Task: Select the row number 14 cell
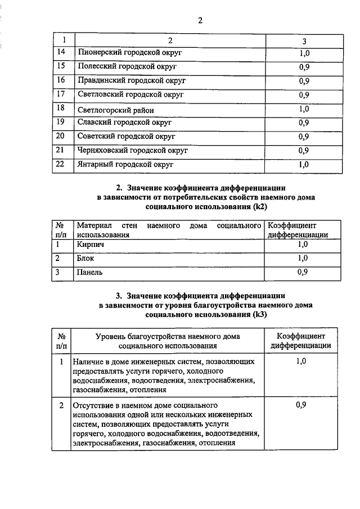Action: point(62,52)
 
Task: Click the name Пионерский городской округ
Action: point(130,53)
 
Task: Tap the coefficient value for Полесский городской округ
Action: point(304,67)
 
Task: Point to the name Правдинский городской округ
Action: point(131,80)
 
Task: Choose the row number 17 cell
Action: point(62,94)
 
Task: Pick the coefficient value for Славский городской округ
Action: point(304,123)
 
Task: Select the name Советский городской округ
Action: point(127,137)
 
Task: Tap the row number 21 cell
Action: point(62,150)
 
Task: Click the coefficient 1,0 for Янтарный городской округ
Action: point(304,164)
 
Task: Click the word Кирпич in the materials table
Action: point(91,245)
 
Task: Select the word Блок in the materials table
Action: point(86,259)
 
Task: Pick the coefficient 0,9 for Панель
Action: point(303,272)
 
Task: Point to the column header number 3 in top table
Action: point(304,41)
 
